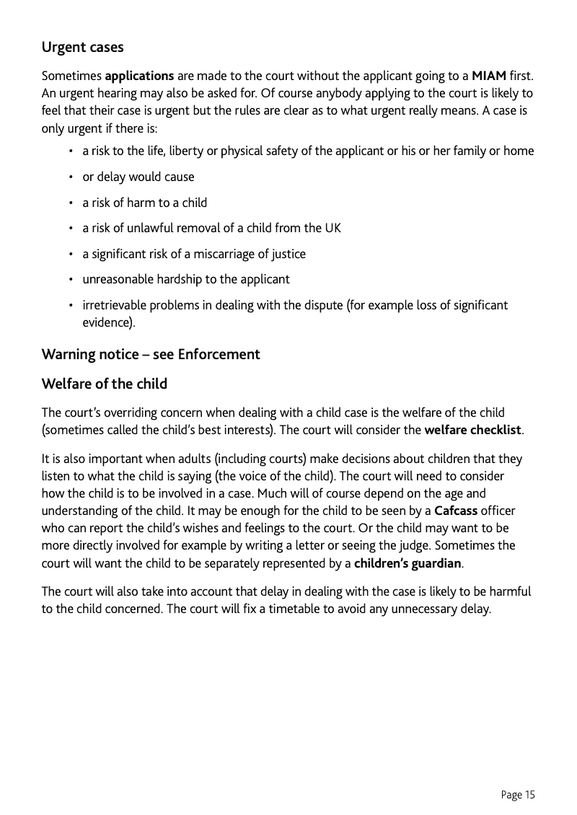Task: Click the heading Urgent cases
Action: coord(82,48)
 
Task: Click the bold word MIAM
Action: coord(488,76)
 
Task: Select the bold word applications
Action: coord(140,76)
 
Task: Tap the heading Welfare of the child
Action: coord(104,384)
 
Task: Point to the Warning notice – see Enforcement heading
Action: coord(150,354)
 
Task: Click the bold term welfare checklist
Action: coord(472,431)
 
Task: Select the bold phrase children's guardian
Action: coord(408,562)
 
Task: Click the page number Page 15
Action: coord(518,795)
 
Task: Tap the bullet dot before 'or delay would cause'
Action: coord(71,177)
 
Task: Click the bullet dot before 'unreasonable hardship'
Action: coord(71,279)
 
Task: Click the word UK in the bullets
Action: coord(332,228)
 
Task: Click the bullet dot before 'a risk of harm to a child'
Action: coord(71,203)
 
